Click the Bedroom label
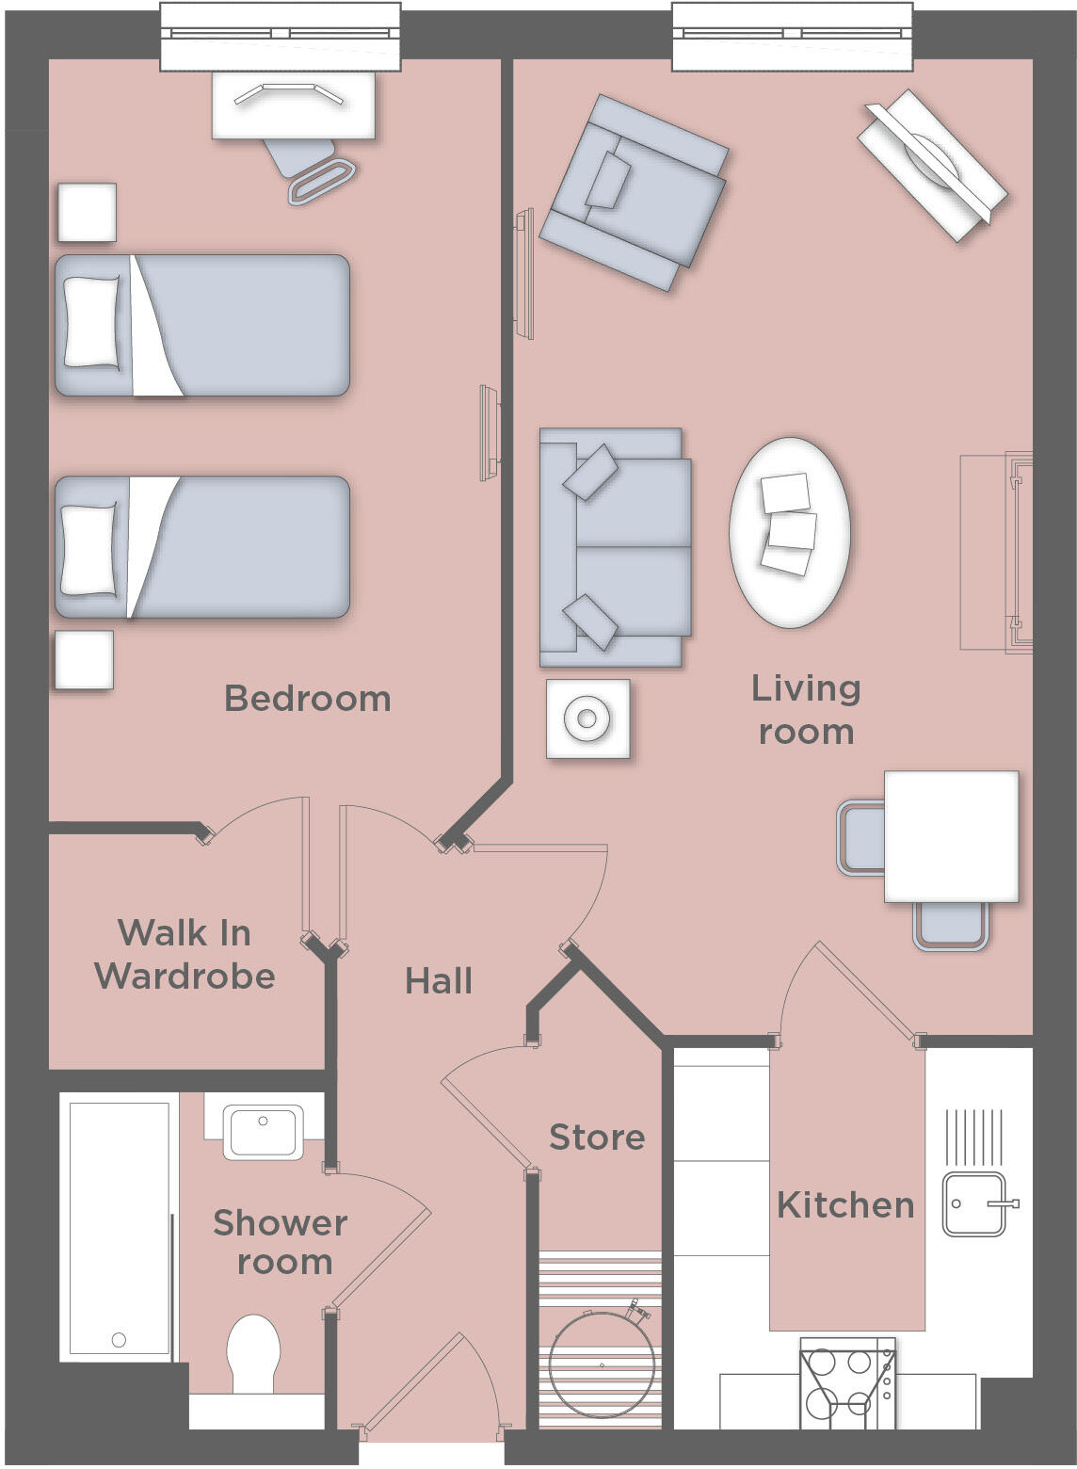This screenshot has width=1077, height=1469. click(x=307, y=699)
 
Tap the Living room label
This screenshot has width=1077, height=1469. click(x=806, y=710)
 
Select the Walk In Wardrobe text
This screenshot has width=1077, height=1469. click(x=185, y=954)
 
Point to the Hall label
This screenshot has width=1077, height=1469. click(x=438, y=981)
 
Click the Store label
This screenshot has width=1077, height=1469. click(x=597, y=1138)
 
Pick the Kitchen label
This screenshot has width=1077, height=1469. click(x=845, y=1205)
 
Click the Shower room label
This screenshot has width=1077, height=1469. click(x=281, y=1242)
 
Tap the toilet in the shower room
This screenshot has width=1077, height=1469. click(x=254, y=1352)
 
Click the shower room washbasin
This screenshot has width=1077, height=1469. click(x=263, y=1131)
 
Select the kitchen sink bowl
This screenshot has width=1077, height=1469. click(x=973, y=1204)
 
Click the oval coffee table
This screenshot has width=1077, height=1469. click(x=790, y=533)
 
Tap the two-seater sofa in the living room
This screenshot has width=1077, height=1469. click(x=614, y=547)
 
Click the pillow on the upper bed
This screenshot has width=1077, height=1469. click(x=91, y=322)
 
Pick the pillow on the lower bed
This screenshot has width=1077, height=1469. click(x=88, y=549)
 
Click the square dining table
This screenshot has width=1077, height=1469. click(x=951, y=836)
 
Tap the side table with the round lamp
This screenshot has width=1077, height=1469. click(x=587, y=719)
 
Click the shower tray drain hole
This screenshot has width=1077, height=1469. click(x=119, y=1340)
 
